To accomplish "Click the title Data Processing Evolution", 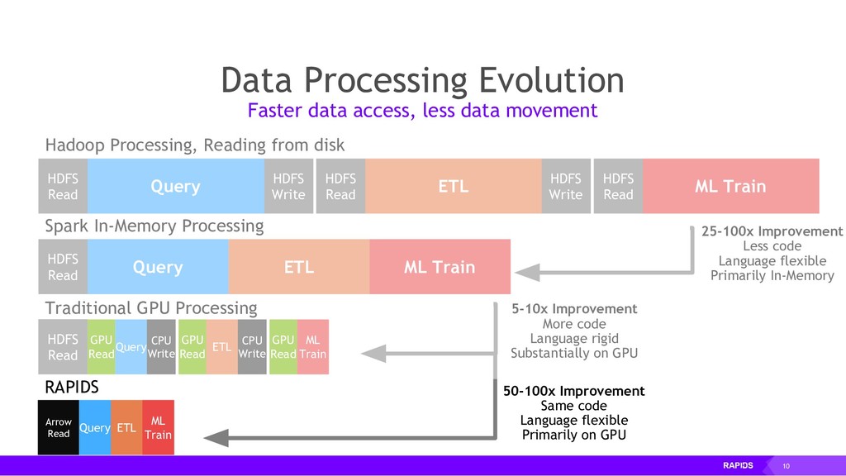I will [x=422, y=80].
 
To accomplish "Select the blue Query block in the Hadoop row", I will [x=175, y=187].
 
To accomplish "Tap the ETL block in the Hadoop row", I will [x=453, y=187].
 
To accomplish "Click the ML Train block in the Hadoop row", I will [x=730, y=187].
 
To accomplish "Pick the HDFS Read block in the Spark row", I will [x=63, y=268].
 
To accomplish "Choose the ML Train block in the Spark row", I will [x=440, y=268].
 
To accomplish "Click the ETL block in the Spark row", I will [x=298, y=268].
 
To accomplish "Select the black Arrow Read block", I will [x=59, y=427].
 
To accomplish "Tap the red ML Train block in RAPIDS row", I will [x=158, y=427].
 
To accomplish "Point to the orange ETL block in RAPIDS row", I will [x=126, y=427].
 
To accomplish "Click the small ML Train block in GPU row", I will [x=312, y=346].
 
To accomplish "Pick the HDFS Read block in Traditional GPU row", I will [x=63, y=346].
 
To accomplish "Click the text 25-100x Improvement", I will [x=772, y=231].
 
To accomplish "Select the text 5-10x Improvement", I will [x=574, y=309].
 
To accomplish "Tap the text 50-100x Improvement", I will [x=574, y=391].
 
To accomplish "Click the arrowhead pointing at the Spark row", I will [x=526, y=273].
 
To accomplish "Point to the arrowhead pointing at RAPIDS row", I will [x=216, y=438].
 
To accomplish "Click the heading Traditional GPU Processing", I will [x=150, y=308].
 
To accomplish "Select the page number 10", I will [x=786, y=466].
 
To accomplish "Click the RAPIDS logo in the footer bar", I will [x=738, y=466].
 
